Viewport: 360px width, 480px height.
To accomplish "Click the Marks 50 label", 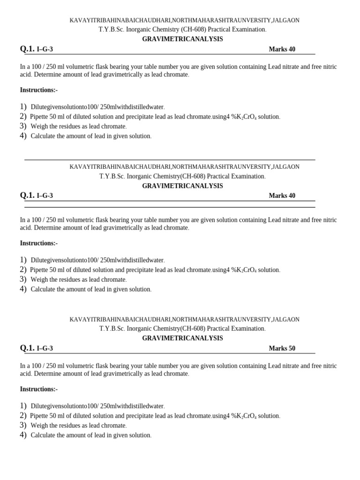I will [282, 348].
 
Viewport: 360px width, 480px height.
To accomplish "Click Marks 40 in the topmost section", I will [282, 49].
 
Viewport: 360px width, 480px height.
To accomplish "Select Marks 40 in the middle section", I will [282, 195].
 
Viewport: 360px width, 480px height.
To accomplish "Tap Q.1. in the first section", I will [27, 49].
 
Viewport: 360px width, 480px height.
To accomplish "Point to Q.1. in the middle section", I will [27, 195].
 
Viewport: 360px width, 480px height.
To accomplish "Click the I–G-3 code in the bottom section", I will [45, 348].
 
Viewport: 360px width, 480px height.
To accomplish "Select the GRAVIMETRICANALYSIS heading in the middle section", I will [182, 186].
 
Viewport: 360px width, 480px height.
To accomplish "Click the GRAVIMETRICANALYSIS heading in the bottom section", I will [182, 338].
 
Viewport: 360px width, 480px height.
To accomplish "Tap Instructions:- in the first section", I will [38, 90].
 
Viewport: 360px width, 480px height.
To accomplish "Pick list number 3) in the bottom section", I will [23, 425].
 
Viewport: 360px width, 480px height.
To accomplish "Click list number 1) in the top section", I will [23, 107].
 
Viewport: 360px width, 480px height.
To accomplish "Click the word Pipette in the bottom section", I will [39, 416].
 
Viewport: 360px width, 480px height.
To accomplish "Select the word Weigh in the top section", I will [39, 127].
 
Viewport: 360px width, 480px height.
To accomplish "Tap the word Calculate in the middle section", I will [44, 289].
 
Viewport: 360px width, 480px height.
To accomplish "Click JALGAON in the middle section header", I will [286, 166].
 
